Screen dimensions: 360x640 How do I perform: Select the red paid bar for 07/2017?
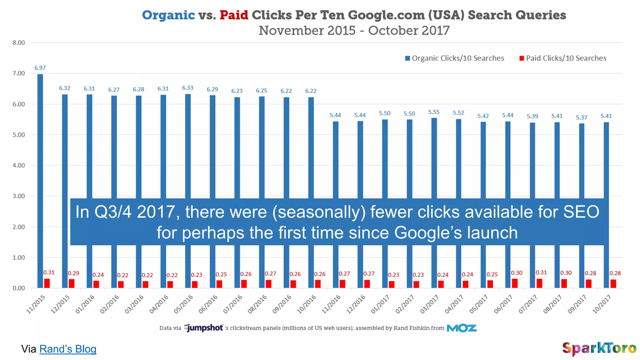(539, 283)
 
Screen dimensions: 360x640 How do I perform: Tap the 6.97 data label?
(40, 68)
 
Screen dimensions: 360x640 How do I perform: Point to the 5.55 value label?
(434, 112)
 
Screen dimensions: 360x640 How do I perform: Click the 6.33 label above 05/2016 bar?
(188, 88)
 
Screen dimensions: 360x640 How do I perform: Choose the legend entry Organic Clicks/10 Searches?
(455, 58)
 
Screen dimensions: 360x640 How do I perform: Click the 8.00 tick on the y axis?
(19, 43)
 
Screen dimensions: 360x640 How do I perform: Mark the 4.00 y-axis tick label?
(19, 165)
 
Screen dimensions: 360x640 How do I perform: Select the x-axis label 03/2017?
(430, 304)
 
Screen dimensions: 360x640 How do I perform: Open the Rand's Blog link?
(68, 349)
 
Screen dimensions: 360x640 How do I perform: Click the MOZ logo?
(462, 328)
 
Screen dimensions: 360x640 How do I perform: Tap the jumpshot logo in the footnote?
(203, 328)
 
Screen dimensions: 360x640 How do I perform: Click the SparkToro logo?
(599, 348)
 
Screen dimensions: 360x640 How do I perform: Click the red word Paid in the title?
(234, 15)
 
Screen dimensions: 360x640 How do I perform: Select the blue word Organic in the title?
(168, 15)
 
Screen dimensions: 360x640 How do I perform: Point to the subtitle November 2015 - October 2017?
(354, 31)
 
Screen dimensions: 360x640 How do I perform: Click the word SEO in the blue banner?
(581, 212)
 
